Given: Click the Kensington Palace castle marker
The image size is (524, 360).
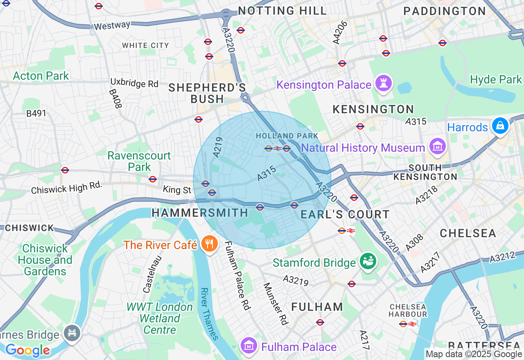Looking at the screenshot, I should pos(383,83).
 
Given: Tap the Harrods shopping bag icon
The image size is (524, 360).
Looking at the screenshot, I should pos(500,126).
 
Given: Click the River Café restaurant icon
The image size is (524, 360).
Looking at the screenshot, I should pos(209,244).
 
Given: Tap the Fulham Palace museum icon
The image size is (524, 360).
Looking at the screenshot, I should pos(248,346).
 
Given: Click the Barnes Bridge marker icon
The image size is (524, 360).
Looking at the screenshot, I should pos(72,333).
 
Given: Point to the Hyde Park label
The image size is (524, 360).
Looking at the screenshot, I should pos(496,79).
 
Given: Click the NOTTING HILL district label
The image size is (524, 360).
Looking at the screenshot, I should pos(282,11).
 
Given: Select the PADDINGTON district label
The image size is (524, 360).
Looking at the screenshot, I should pos(445,11).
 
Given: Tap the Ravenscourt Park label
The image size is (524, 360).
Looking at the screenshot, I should pos(139,161).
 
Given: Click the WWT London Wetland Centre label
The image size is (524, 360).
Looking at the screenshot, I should pos(160,318).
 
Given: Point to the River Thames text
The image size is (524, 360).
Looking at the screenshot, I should pos(209,314).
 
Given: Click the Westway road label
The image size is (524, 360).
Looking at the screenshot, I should pos(112,26).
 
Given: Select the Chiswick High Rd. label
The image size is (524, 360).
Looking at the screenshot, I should pos(66,188).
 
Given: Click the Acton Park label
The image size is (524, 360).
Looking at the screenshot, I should pos(41,76).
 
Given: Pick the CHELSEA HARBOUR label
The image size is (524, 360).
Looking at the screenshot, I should pos(408,310).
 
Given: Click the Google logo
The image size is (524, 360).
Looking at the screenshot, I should pos(27,350).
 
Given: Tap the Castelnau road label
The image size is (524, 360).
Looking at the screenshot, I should pos(152,274).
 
